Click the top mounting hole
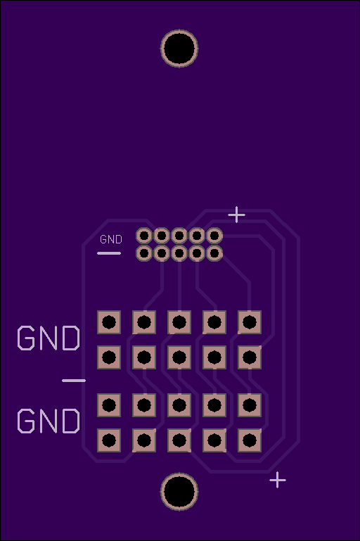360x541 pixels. point(179,49)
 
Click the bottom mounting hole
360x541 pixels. point(179,492)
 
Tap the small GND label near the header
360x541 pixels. point(111,239)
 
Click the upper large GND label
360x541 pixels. point(49,338)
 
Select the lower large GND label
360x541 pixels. point(49,421)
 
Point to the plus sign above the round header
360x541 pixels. point(236,215)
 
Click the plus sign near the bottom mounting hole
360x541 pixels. point(278,480)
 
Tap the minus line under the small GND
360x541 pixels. point(109,253)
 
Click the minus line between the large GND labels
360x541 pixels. point(74,381)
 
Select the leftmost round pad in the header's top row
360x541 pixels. point(144,236)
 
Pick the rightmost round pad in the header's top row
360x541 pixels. point(214,236)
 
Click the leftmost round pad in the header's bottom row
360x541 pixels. point(144,253)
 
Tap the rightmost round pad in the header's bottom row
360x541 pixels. point(214,253)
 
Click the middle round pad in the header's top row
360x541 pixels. point(179,236)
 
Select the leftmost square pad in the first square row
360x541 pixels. point(109,322)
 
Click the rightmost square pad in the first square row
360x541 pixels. point(250,322)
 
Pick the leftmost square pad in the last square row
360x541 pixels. point(109,440)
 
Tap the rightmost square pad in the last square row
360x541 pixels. point(250,440)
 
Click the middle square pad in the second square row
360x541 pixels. point(179,357)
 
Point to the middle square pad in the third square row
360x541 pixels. point(179,405)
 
